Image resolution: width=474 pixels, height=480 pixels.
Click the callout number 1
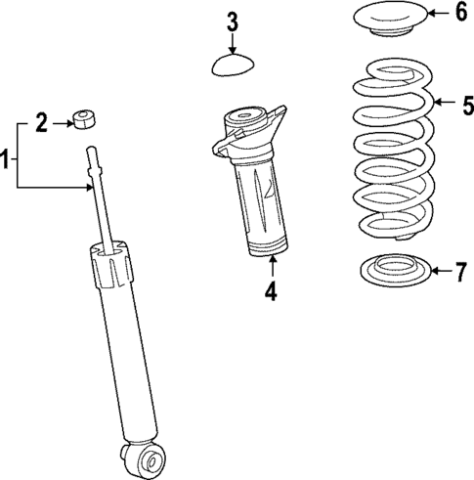pyautogui.click(x=6, y=156)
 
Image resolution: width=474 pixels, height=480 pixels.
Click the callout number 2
pyautogui.click(x=41, y=123)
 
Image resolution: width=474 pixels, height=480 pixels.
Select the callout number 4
pyautogui.click(x=272, y=290)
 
